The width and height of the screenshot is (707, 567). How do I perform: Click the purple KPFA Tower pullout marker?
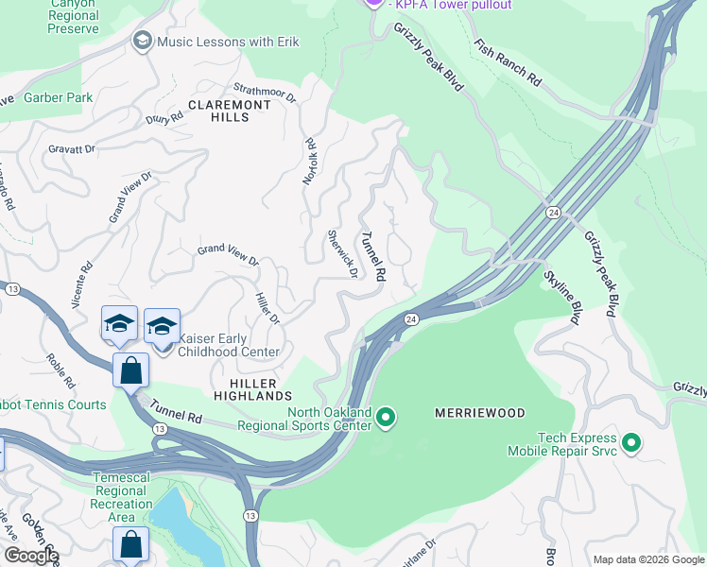click(x=373, y=3)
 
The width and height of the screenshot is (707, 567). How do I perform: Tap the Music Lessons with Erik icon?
click(x=143, y=40)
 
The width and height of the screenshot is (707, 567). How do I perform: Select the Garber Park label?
click(x=59, y=97)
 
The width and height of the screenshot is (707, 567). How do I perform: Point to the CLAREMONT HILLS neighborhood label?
click(x=218, y=111)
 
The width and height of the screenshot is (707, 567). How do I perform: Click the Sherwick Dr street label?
click(x=342, y=253)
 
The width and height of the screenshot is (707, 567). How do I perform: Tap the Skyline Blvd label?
click(x=561, y=297)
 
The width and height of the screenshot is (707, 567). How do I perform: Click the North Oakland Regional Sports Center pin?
click(x=386, y=416)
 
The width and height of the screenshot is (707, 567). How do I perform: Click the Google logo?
click(x=31, y=556)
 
